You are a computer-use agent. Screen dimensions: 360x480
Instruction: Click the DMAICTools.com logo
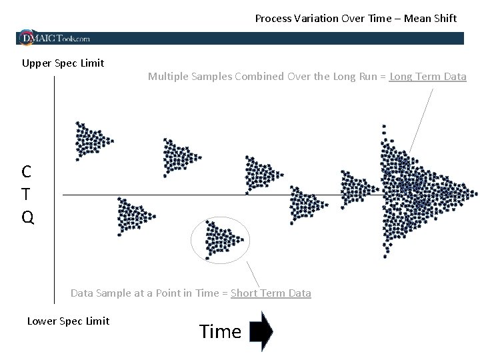pyautogui.click(x=55, y=37)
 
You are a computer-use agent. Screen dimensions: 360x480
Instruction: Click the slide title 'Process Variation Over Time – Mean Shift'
pyautogui.click(x=355, y=19)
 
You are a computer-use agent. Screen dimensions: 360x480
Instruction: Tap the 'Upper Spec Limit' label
pyautogui.click(x=63, y=63)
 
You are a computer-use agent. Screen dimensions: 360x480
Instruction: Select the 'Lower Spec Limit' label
pyautogui.click(x=68, y=321)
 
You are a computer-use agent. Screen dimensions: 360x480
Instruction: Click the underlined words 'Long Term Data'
pyautogui.click(x=427, y=77)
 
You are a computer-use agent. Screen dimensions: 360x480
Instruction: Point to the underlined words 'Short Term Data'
pyautogui.click(x=271, y=293)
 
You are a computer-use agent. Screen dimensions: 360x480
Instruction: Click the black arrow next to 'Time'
pyautogui.click(x=261, y=331)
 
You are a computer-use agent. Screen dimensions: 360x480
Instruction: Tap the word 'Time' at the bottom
pyautogui.click(x=220, y=331)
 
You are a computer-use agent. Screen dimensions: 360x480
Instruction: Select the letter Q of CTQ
pyautogui.click(x=27, y=217)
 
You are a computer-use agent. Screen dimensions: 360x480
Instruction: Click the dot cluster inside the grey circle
pyautogui.click(x=220, y=239)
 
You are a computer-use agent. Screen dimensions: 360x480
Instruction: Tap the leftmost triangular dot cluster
pyautogui.click(x=91, y=139)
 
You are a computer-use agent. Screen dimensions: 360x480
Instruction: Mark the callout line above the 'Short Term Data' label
pyautogui.click(x=253, y=273)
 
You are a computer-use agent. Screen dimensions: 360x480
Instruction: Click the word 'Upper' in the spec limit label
pyautogui.click(x=35, y=63)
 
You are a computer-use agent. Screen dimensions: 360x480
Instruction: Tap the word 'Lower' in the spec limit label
pyautogui.click(x=41, y=321)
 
